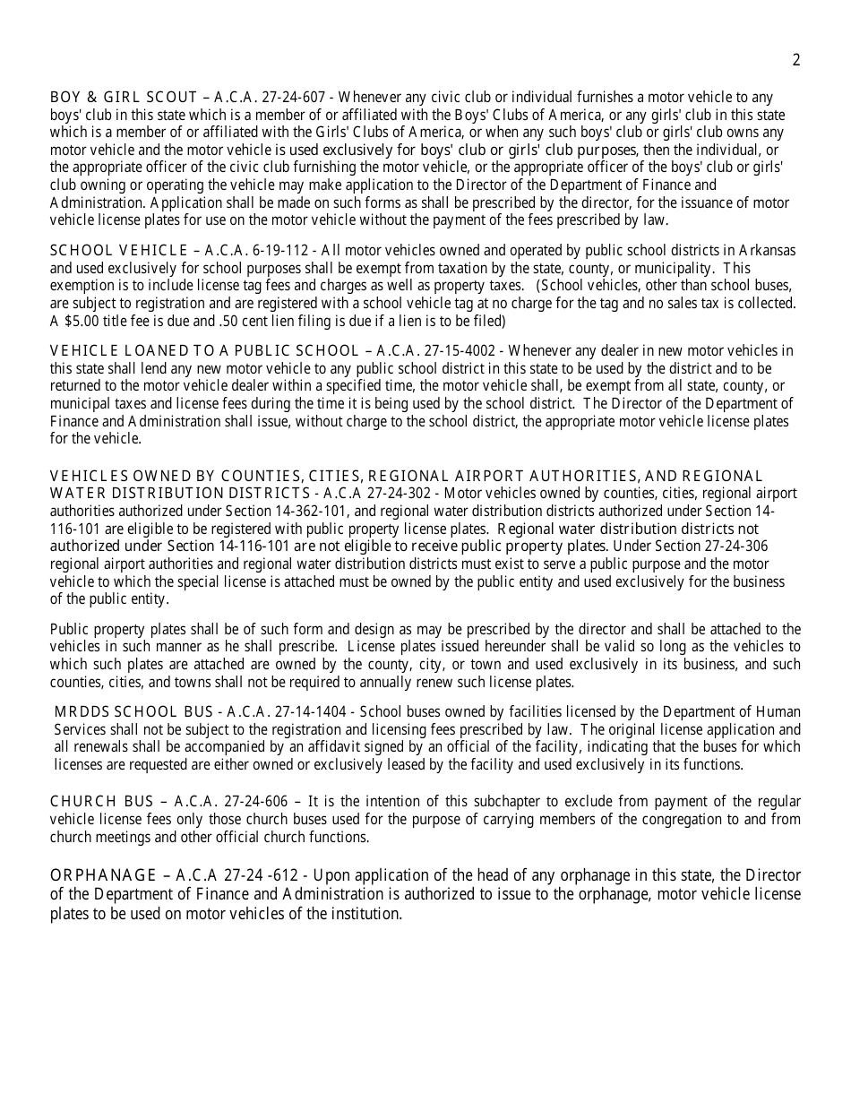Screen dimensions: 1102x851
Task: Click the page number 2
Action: pos(796,60)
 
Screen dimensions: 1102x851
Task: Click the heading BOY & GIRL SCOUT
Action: pos(124,98)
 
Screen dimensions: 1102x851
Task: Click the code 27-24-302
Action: pos(401,494)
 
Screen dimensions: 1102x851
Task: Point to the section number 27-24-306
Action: pos(733,546)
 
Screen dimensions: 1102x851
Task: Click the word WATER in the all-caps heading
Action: pos(74,494)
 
